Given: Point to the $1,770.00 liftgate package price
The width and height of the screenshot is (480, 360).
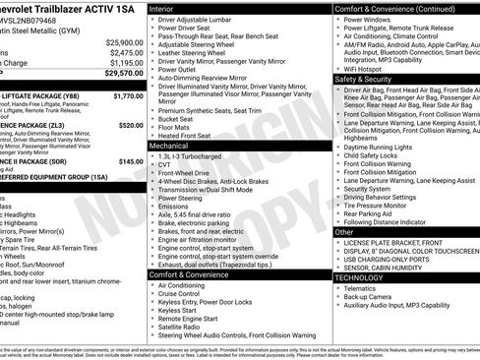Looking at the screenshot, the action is (x=128, y=96).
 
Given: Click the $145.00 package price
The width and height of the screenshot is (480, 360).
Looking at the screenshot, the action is (x=131, y=160).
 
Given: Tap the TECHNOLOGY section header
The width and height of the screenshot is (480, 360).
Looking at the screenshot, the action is (x=360, y=277).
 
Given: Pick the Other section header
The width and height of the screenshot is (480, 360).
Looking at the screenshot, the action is (x=346, y=232).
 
